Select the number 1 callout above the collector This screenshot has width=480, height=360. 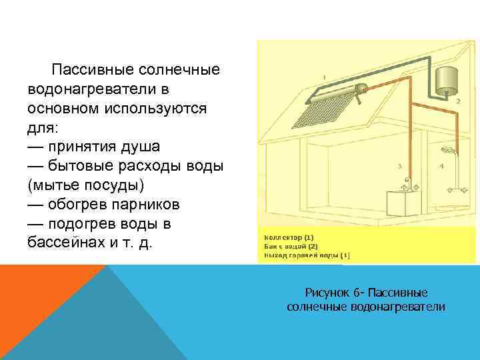(x=324, y=77)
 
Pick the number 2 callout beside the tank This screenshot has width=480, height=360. (x=459, y=101)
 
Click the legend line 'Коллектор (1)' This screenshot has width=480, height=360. (x=289, y=237)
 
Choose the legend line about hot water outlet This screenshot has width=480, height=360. (x=307, y=255)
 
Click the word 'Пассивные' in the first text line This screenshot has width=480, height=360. (x=93, y=70)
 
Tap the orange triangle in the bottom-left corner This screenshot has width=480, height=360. (x=33, y=293)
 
